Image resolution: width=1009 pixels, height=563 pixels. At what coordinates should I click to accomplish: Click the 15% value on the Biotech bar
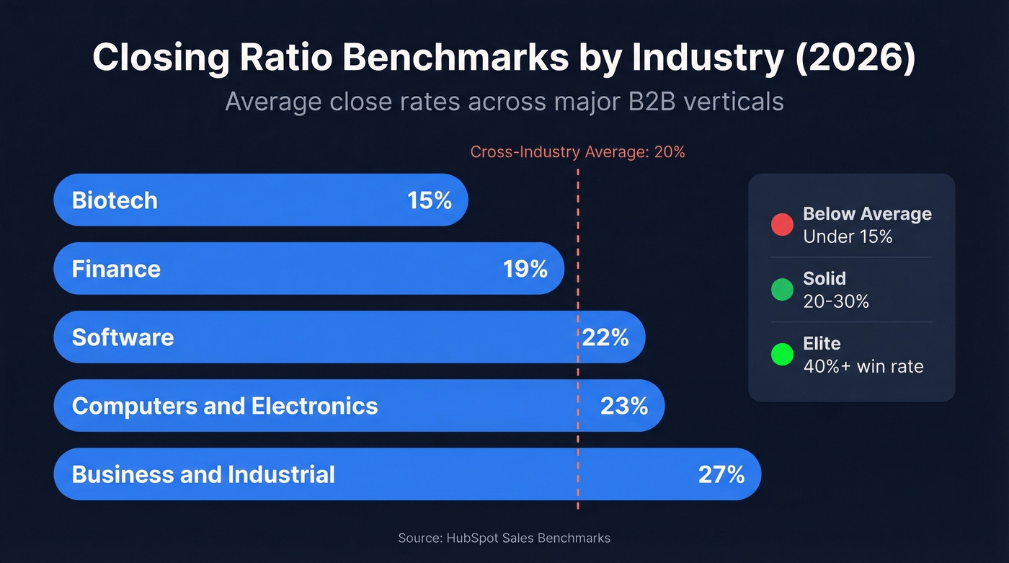(430, 200)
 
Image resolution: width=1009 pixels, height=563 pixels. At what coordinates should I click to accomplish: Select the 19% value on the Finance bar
(525, 269)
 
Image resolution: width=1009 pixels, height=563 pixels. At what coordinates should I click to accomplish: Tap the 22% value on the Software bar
(605, 337)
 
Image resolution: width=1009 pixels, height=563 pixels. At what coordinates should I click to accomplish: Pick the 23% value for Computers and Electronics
(624, 406)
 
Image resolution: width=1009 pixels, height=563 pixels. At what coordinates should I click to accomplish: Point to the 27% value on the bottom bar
(721, 474)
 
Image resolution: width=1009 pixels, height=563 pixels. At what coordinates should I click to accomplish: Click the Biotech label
(115, 200)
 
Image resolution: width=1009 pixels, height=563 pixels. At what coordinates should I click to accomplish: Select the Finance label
(116, 269)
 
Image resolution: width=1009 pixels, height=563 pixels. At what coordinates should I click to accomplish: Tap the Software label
(123, 337)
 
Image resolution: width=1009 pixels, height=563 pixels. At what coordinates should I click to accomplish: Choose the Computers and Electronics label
(225, 406)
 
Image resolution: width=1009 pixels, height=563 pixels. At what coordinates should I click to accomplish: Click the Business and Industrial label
(203, 474)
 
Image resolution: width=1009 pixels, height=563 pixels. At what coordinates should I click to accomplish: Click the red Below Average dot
(782, 224)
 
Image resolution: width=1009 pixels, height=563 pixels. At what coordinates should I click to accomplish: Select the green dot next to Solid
(782, 289)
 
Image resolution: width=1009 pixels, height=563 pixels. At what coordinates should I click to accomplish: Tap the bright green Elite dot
(782, 354)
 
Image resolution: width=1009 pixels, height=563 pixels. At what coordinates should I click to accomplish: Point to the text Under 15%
(848, 236)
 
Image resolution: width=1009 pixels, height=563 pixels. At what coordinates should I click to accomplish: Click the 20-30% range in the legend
(836, 301)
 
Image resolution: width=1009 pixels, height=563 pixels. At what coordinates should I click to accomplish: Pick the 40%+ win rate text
(863, 366)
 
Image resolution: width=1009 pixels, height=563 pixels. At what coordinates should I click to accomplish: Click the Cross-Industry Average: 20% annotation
(577, 152)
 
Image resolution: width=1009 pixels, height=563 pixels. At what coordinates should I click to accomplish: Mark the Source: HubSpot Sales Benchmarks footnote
(504, 538)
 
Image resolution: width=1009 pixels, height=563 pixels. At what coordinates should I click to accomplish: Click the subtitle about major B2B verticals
(504, 101)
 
